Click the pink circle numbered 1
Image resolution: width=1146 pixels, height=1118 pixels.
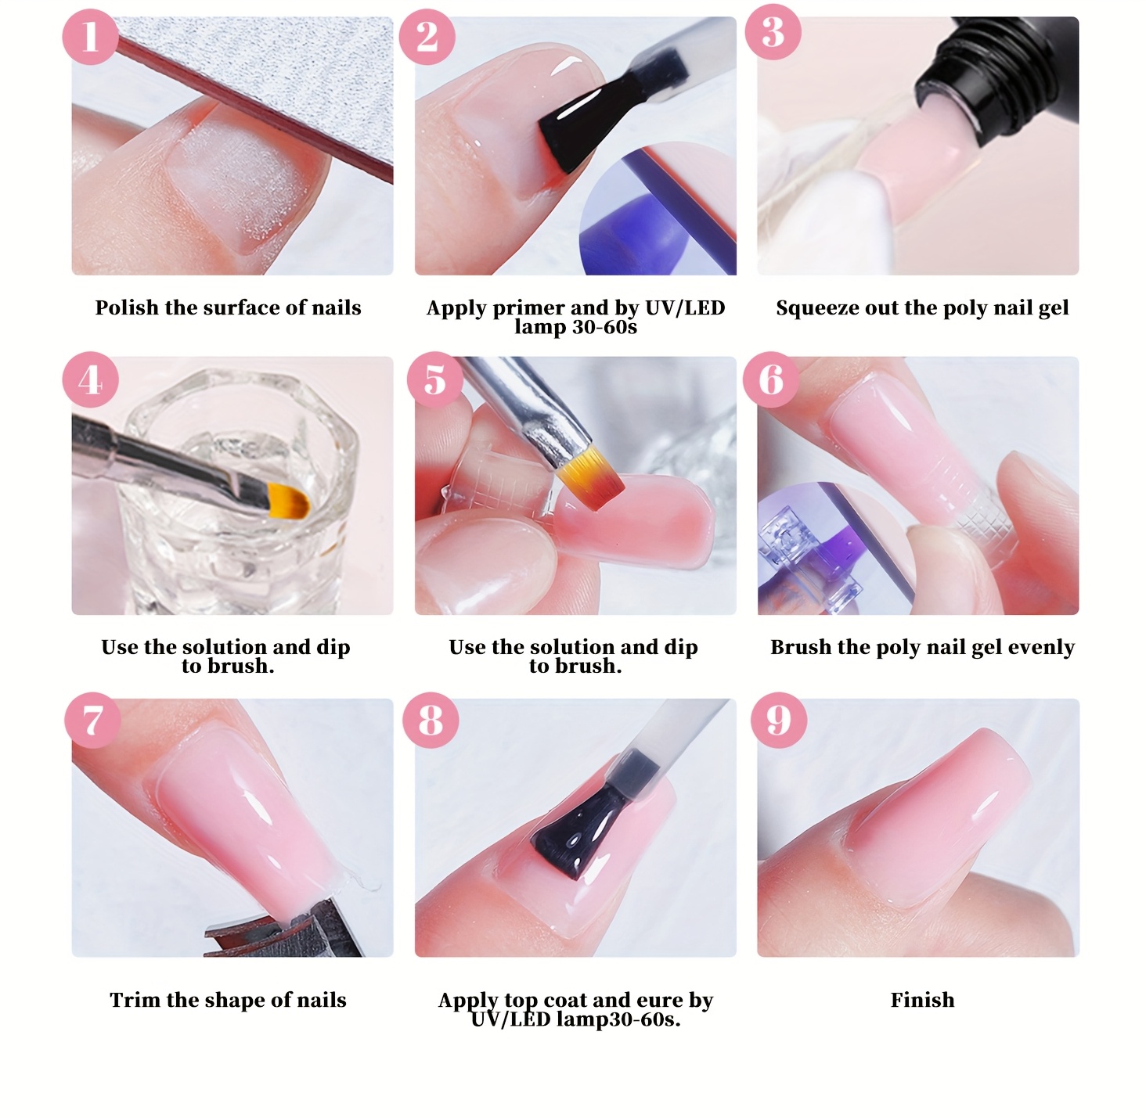pos(90,37)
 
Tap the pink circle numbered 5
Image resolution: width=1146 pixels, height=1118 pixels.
pos(434,379)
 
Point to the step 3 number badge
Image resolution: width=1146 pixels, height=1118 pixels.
pos(773,32)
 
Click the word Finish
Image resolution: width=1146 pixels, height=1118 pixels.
pos(922,1000)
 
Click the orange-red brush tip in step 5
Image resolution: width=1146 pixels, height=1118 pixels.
pos(590,476)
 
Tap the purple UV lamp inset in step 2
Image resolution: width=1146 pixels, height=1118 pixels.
pos(658,208)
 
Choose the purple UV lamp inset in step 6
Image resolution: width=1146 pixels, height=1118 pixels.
pos(836,548)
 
